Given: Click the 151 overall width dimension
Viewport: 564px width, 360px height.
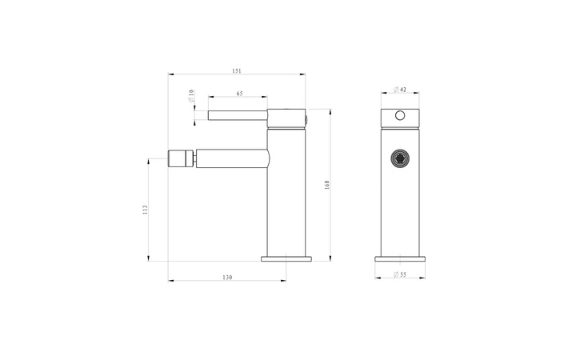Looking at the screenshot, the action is click(x=236, y=71).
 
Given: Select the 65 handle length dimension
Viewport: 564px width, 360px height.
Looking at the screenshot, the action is click(x=239, y=94).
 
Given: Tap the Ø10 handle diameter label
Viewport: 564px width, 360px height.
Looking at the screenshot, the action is click(x=191, y=96).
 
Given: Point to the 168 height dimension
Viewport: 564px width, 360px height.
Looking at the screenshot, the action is click(x=327, y=185).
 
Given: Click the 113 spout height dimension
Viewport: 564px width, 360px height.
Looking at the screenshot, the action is click(x=145, y=210).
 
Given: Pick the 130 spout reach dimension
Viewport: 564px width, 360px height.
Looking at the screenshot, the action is click(x=227, y=278).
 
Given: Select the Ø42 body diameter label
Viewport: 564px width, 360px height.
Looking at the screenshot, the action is click(x=400, y=89).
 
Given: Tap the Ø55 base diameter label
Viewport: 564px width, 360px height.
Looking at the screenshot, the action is click(x=400, y=274).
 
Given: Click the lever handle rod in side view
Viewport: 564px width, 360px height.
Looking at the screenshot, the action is click(x=238, y=115).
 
